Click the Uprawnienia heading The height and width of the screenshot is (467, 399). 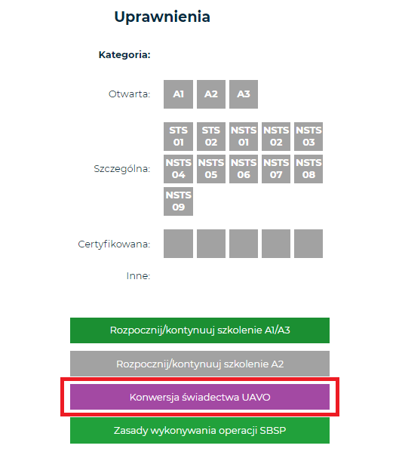[162, 17]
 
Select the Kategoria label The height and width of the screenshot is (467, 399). [124, 55]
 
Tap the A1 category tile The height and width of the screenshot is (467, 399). [178, 94]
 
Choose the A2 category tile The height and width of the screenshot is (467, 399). [211, 94]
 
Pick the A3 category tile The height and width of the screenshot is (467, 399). [244, 94]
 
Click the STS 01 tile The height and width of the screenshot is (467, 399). [178, 137]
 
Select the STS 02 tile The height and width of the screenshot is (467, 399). [211, 137]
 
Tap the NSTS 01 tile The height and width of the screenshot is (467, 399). [244, 137]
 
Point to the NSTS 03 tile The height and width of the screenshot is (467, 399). [308, 137]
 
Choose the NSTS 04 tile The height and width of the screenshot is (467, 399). [178, 169]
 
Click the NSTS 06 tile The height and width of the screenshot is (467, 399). [244, 169]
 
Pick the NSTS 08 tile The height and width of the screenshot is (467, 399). [308, 169]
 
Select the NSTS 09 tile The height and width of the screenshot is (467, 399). [178, 201]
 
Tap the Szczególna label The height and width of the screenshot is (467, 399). [122, 169]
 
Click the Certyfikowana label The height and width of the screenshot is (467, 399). [114, 244]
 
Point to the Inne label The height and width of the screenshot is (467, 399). [138, 276]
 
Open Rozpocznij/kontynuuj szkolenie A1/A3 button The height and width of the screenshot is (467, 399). [200, 330]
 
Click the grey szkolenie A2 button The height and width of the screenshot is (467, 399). [200, 364]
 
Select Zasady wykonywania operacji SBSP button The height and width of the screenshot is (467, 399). [200, 430]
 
